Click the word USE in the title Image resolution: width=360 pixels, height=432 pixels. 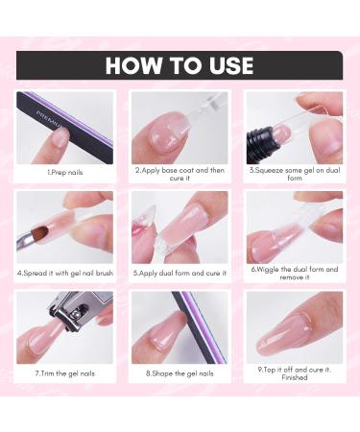[231, 65]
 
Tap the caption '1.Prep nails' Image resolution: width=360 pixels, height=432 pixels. [65, 173]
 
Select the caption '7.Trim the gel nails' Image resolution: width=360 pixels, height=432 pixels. [65, 373]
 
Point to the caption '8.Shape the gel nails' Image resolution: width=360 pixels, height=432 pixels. [180, 373]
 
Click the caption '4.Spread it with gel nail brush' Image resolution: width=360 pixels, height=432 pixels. [65, 274]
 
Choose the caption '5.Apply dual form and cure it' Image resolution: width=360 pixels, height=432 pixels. [180, 274]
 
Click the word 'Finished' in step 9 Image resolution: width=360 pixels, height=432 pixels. [295, 377]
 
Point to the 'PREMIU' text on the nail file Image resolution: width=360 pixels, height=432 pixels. [48, 118]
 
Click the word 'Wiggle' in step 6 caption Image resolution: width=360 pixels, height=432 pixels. [268, 270]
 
